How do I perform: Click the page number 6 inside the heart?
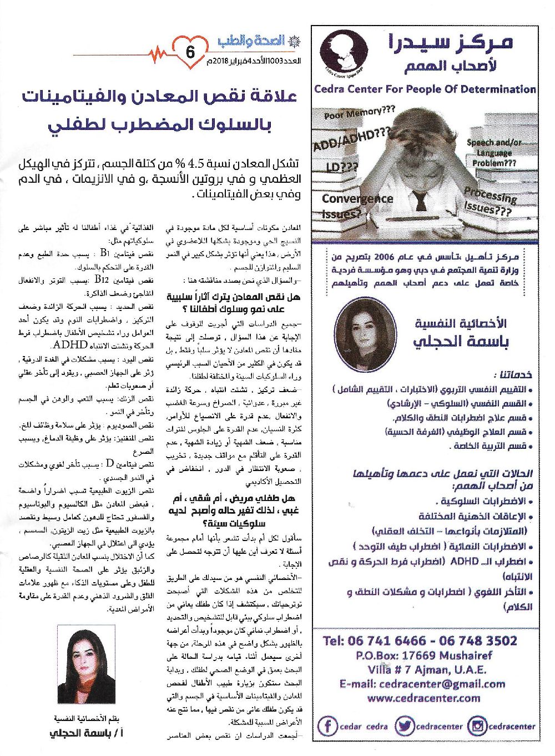[190, 53]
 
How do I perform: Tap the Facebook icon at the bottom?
[329, 725]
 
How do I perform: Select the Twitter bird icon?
[405, 725]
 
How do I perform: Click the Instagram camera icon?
[477, 725]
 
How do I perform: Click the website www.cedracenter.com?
[424, 698]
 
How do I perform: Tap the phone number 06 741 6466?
[381, 640]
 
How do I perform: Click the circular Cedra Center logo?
[344, 54]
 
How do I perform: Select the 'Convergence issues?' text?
[357, 205]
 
